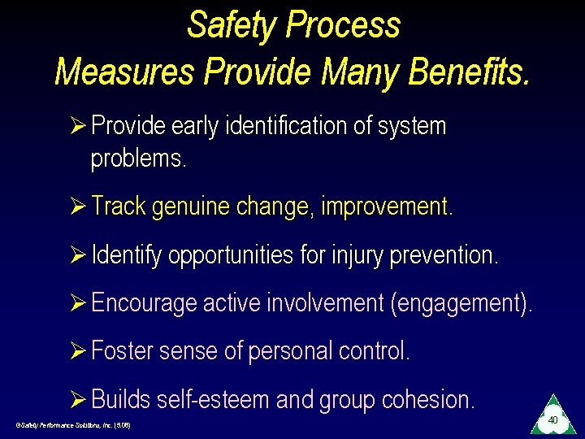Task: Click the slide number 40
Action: tap(552, 420)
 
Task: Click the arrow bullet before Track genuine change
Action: tap(80, 206)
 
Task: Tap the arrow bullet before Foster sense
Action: tap(80, 351)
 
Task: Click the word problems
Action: tap(138, 159)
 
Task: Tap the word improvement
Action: tap(386, 206)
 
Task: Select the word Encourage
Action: tap(144, 303)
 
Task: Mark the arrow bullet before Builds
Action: tap(80, 399)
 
